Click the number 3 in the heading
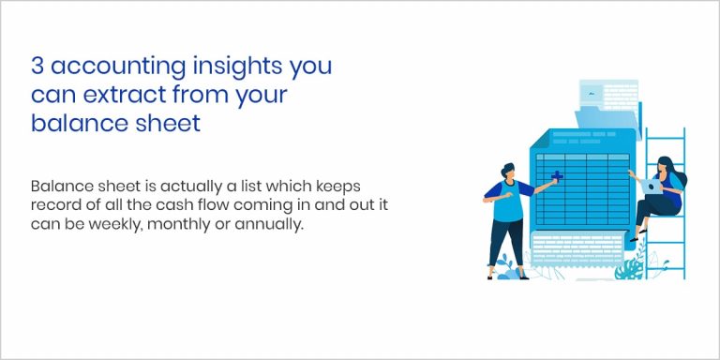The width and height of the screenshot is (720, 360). (37, 68)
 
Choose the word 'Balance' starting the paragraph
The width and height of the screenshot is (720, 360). (58, 187)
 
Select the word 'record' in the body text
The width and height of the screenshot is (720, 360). (54, 206)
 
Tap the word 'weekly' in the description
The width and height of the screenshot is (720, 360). (111, 225)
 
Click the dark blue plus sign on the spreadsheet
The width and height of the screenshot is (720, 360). (557, 176)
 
